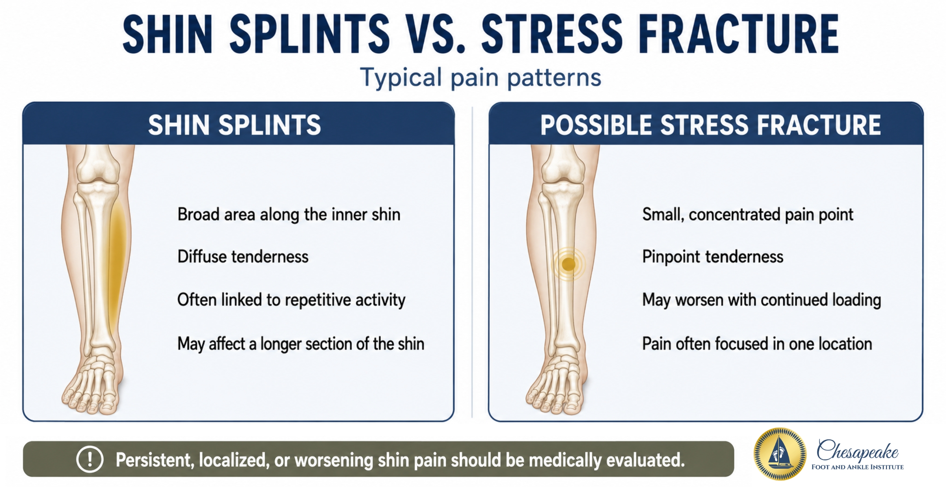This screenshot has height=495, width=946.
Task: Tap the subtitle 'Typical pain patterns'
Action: (x=481, y=77)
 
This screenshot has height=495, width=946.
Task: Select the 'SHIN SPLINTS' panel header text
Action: (x=235, y=125)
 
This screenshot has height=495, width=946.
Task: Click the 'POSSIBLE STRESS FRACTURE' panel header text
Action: (x=710, y=125)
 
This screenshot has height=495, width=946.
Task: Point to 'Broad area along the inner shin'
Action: (x=289, y=215)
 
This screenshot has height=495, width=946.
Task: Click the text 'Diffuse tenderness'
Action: (x=243, y=257)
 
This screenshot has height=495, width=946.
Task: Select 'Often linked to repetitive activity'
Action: (x=291, y=300)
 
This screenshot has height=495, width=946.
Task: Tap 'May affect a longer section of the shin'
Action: (x=301, y=344)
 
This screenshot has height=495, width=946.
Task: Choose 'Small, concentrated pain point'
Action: (x=748, y=215)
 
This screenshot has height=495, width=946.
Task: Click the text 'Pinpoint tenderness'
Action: (x=713, y=257)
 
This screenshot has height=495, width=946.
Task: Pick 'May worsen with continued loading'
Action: (x=762, y=300)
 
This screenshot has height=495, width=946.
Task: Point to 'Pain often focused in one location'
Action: (x=757, y=344)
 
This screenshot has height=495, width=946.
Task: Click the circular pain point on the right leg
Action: (x=568, y=264)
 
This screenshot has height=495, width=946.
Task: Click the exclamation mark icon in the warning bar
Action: (x=90, y=459)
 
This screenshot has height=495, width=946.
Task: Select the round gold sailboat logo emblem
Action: (x=780, y=454)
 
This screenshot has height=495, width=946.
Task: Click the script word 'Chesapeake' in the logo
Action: (x=857, y=450)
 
